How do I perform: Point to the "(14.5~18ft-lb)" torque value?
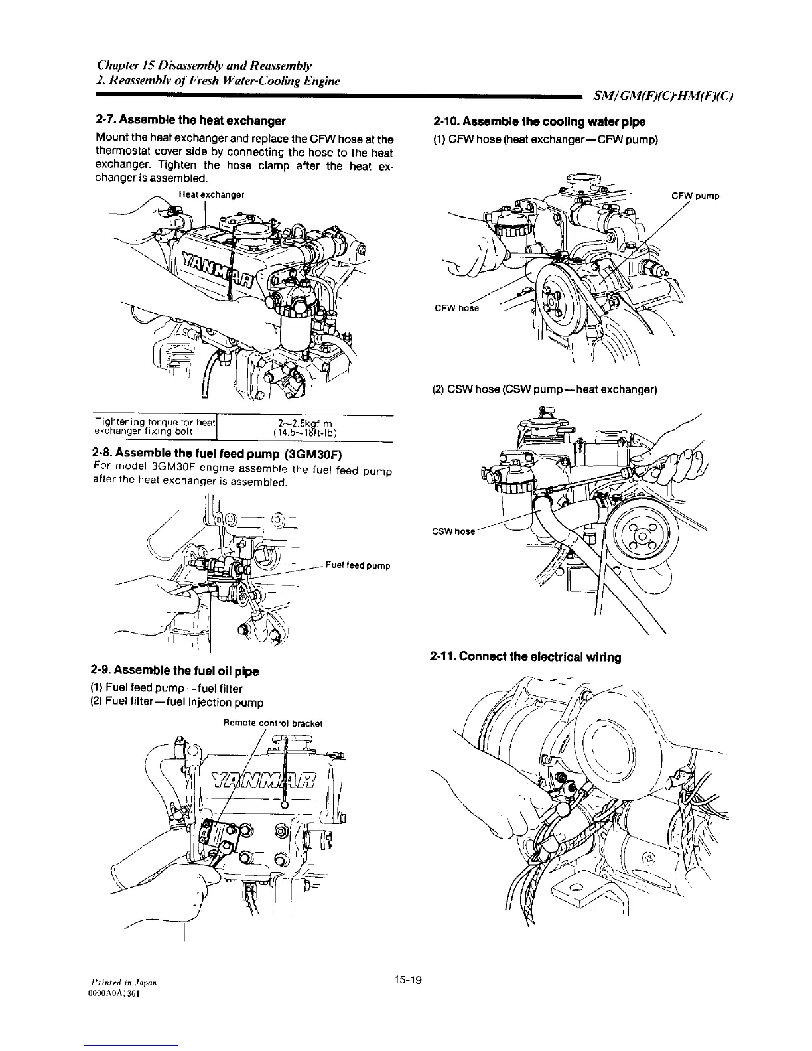point(306,434)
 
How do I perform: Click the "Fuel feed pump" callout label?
point(357,566)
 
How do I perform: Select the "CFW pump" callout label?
point(695,196)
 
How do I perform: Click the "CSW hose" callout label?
point(454,531)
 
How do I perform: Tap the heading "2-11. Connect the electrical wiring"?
point(525,657)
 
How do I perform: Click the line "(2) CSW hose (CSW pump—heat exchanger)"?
point(544,390)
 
